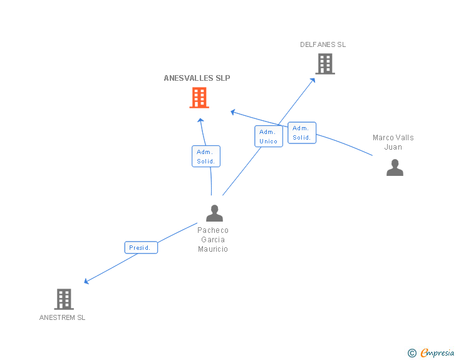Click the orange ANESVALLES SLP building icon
[199, 98]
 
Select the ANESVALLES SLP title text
[197, 78]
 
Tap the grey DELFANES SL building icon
[324, 64]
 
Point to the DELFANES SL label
[323, 44]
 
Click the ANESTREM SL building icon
[64, 299]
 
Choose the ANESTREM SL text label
[62, 317]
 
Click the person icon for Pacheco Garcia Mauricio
[214, 213]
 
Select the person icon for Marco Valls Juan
[395, 168]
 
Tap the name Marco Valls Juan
[393, 142]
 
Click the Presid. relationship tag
[140, 248]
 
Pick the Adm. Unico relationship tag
[268, 136]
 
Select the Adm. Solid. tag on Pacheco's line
[205, 157]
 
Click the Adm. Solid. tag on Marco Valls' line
[302, 133]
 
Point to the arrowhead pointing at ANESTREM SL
[86, 282]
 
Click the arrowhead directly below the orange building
[200, 120]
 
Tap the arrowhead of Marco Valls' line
[233, 112]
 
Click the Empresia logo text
[437, 353]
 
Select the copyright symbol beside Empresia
[412, 354]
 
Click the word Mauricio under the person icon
[213, 249]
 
